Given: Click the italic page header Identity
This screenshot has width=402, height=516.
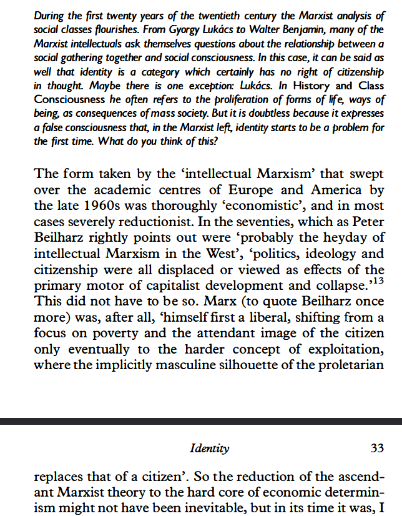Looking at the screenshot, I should coord(210,448).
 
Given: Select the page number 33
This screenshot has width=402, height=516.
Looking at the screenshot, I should coord(377,448).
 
